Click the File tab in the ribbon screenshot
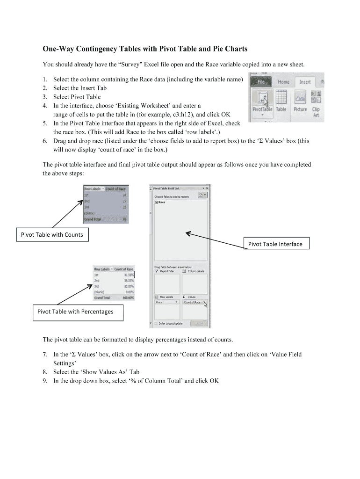coord(260,82)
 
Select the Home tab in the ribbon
coord(283,82)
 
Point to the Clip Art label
coord(316,112)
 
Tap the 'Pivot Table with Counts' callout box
coord(52,235)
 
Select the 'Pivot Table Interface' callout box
coord(275,244)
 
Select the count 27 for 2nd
coord(124,201)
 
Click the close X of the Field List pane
coord(207,188)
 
